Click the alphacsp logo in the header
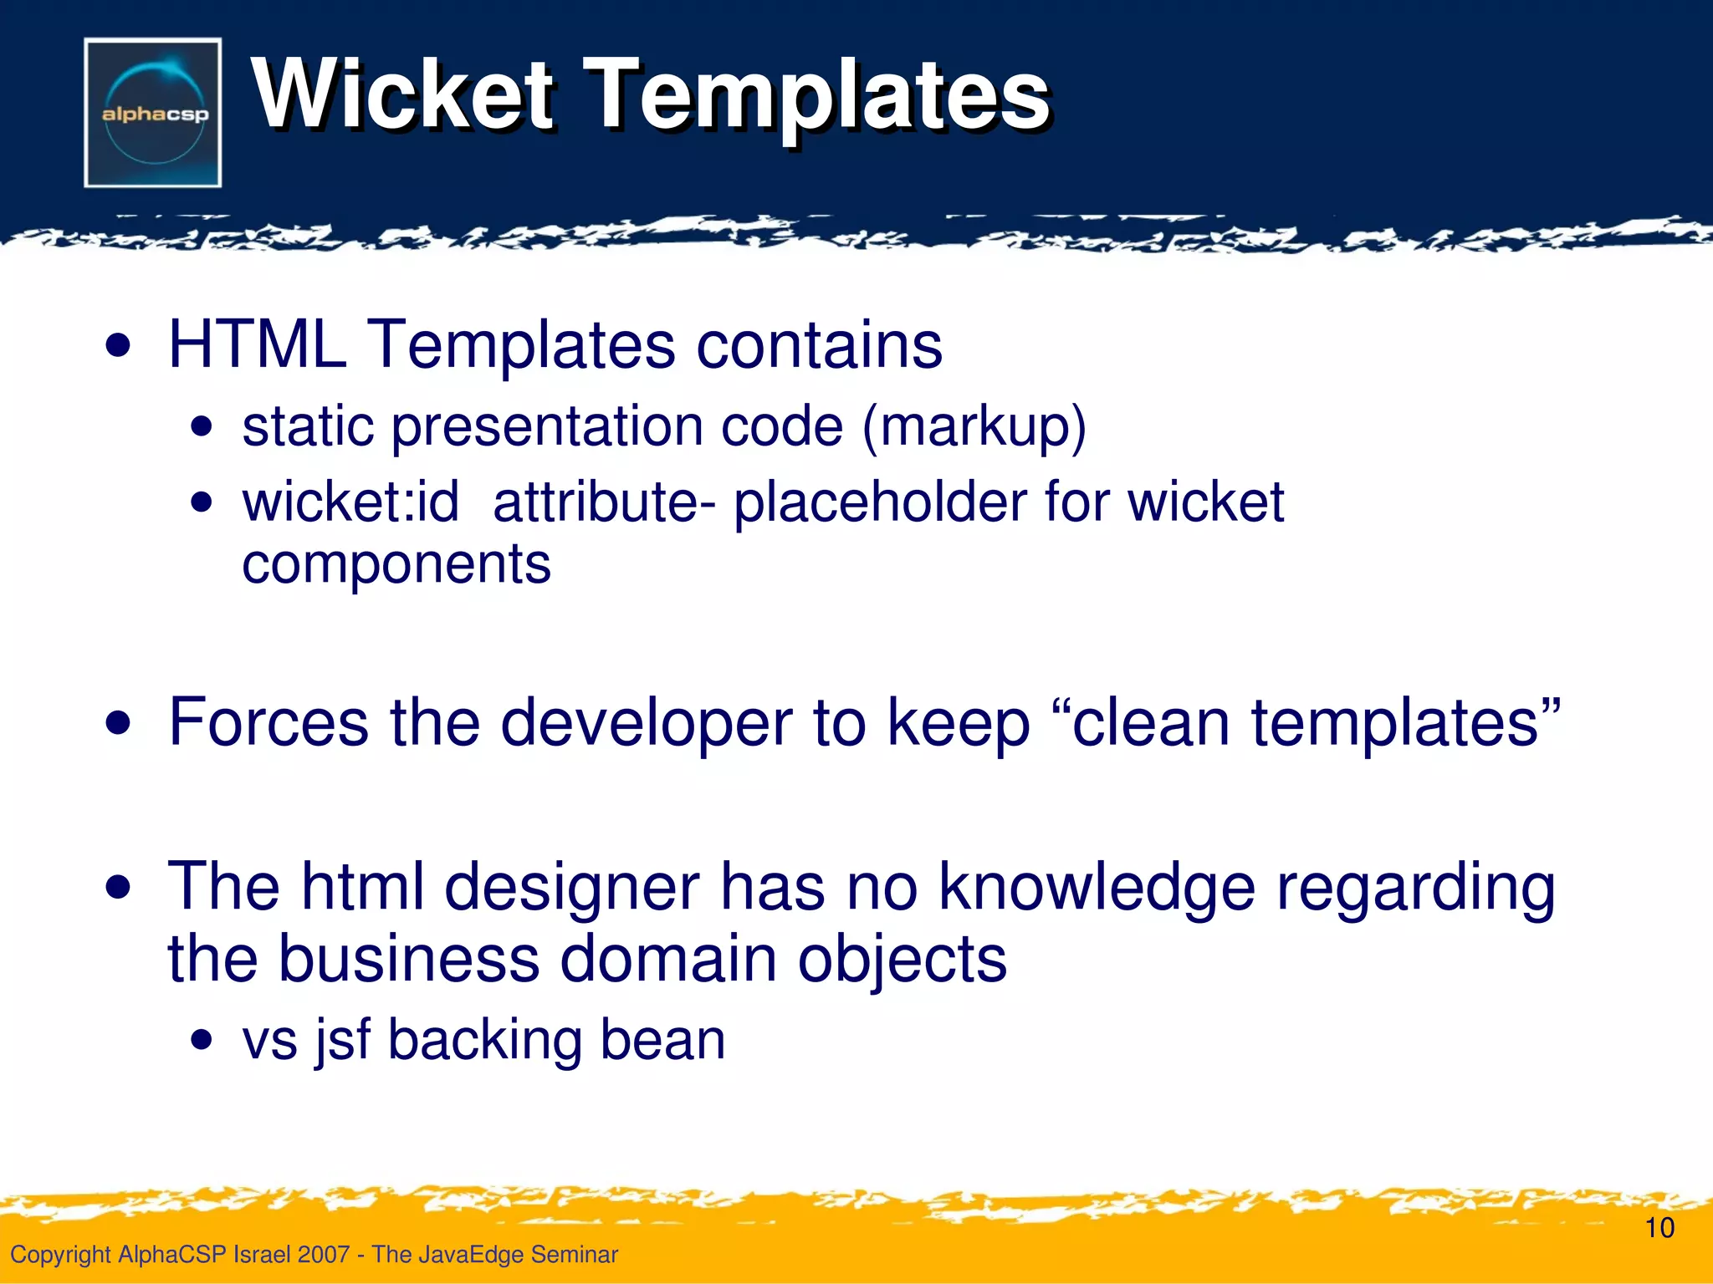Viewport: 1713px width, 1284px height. (153, 113)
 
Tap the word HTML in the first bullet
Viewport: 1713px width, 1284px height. (258, 344)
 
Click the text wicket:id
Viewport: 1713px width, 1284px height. (350, 502)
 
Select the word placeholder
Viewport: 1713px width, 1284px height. (878, 504)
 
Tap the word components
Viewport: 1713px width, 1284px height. (396, 565)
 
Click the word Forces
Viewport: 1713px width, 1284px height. (268, 722)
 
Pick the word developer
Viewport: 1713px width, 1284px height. (646, 724)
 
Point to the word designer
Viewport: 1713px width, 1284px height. (571, 889)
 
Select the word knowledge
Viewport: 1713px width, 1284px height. (1096, 888)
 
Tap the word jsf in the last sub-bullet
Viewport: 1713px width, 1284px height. (342, 1041)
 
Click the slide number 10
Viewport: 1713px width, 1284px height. (1659, 1228)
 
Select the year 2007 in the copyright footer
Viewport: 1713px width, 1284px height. (323, 1255)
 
